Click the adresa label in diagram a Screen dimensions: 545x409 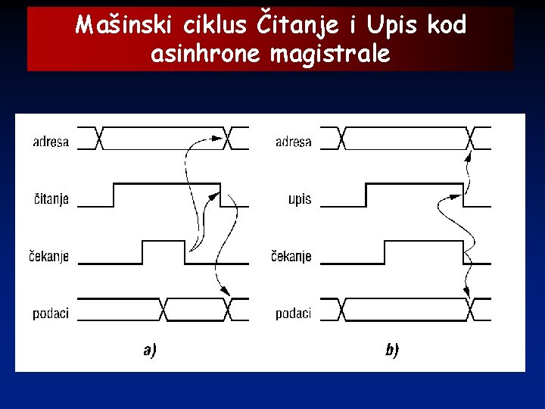coord(51,142)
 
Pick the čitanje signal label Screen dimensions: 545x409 coord(51,199)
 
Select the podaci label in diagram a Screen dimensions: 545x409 coord(51,313)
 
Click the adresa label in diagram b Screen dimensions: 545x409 coord(293,142)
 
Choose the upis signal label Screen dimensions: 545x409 coord(299,199)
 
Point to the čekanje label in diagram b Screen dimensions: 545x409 coord(291,256)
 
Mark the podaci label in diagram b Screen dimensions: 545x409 coord(293,313)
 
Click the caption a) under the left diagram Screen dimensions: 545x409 coord(149,350)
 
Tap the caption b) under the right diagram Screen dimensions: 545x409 coord(391,350)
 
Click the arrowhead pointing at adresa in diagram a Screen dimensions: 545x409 coord(217,138)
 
